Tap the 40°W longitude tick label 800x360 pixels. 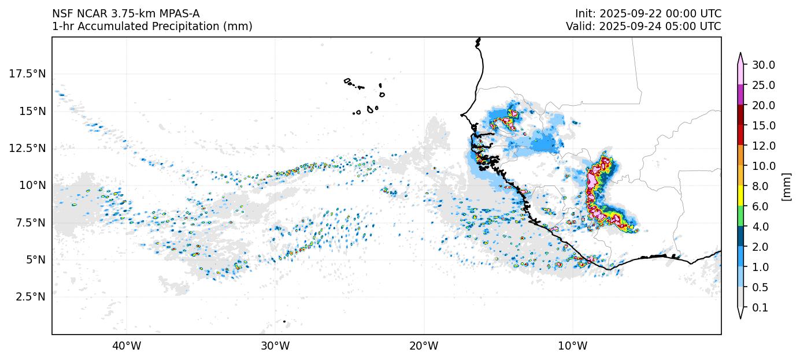click(127, 346)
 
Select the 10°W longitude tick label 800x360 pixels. click(573, 346)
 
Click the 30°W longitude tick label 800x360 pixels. click(275, 346)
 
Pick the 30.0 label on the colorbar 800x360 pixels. click(763, 65)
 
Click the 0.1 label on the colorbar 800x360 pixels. click(761, 308)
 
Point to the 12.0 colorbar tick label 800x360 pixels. click(763, 146)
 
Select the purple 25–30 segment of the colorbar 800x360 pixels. click(740, 95)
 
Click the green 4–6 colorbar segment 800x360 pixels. click(740, 217)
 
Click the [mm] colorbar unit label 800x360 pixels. click(786, 187)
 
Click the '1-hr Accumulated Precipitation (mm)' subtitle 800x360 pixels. click(152, 27)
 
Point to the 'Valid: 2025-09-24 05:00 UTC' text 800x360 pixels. click(643, 27)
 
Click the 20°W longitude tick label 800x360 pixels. click(424, 346)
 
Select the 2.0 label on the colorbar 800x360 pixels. click(761, 247)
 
